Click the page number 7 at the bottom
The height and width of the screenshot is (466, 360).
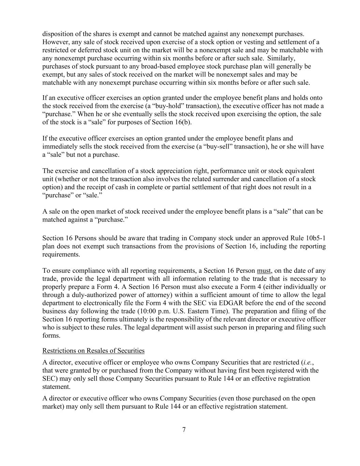[x=184, y=429]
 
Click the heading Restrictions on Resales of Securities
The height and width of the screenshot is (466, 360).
[x=93, y=351]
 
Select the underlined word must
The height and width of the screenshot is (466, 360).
[x=264, y=271]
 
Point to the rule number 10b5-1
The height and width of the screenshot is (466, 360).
[x=316, y=238]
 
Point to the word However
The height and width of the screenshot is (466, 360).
[x=55, y=42]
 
